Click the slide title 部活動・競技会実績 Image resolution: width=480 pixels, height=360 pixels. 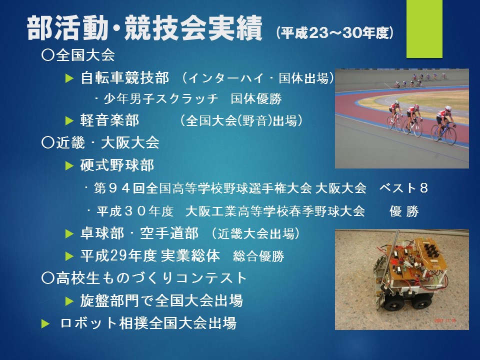144,28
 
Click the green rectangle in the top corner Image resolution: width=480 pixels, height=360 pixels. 424,29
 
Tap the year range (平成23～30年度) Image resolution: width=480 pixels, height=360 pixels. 334,33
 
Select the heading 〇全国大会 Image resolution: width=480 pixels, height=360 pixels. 78,55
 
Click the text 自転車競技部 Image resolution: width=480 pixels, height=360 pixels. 124,78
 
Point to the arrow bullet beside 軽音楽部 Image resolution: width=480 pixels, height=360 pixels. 69,121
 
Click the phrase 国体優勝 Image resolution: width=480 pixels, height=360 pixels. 256,99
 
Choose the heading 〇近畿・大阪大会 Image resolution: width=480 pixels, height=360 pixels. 100,142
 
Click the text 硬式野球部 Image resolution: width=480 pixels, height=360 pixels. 117,165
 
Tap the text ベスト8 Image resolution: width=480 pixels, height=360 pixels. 404,188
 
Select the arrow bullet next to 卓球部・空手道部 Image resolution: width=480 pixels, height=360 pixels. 69,234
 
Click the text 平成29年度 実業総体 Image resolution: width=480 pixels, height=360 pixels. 150,255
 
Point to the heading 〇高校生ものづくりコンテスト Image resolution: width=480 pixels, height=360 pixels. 144,278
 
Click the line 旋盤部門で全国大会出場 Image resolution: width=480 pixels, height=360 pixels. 161,300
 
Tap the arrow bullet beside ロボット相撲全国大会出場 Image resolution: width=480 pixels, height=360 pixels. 45,324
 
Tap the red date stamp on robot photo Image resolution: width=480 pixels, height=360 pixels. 445,320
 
